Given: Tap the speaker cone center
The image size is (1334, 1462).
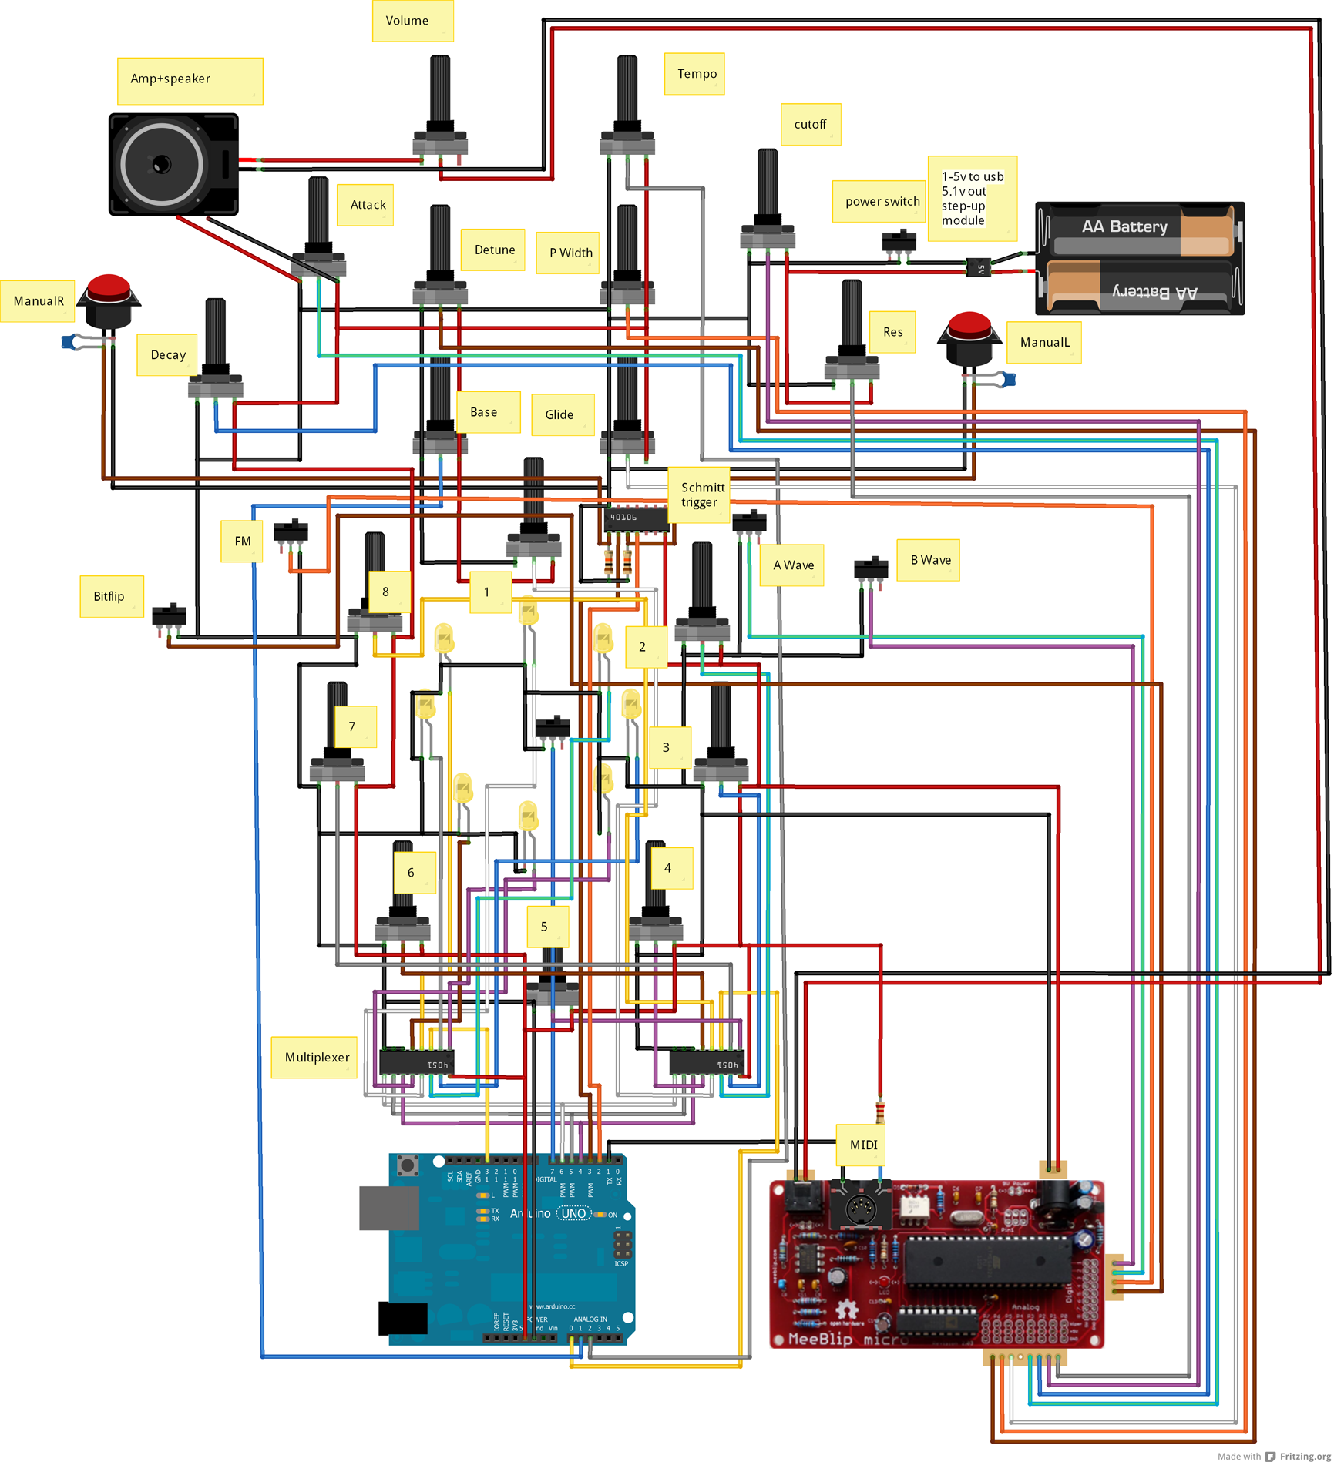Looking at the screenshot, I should (161, 164).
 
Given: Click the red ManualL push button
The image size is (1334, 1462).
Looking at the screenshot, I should (968, 327).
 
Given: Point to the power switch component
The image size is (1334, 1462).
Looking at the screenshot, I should (898, 240).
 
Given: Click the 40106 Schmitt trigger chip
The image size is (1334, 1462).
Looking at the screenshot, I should (635, 518).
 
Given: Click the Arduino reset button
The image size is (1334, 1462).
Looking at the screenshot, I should (407, 1165).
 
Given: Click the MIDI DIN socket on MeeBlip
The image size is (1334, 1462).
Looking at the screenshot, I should (860, 1208).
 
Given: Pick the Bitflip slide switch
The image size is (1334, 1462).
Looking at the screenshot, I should (170, 615).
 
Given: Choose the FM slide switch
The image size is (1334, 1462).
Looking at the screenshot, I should (291, 531).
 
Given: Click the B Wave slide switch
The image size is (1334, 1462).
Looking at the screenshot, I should (870, 568).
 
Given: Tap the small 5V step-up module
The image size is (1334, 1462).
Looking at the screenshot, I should (978, 268).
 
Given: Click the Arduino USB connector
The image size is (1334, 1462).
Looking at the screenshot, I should (388, 1208).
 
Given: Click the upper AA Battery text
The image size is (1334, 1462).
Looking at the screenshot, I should (1124, 226).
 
